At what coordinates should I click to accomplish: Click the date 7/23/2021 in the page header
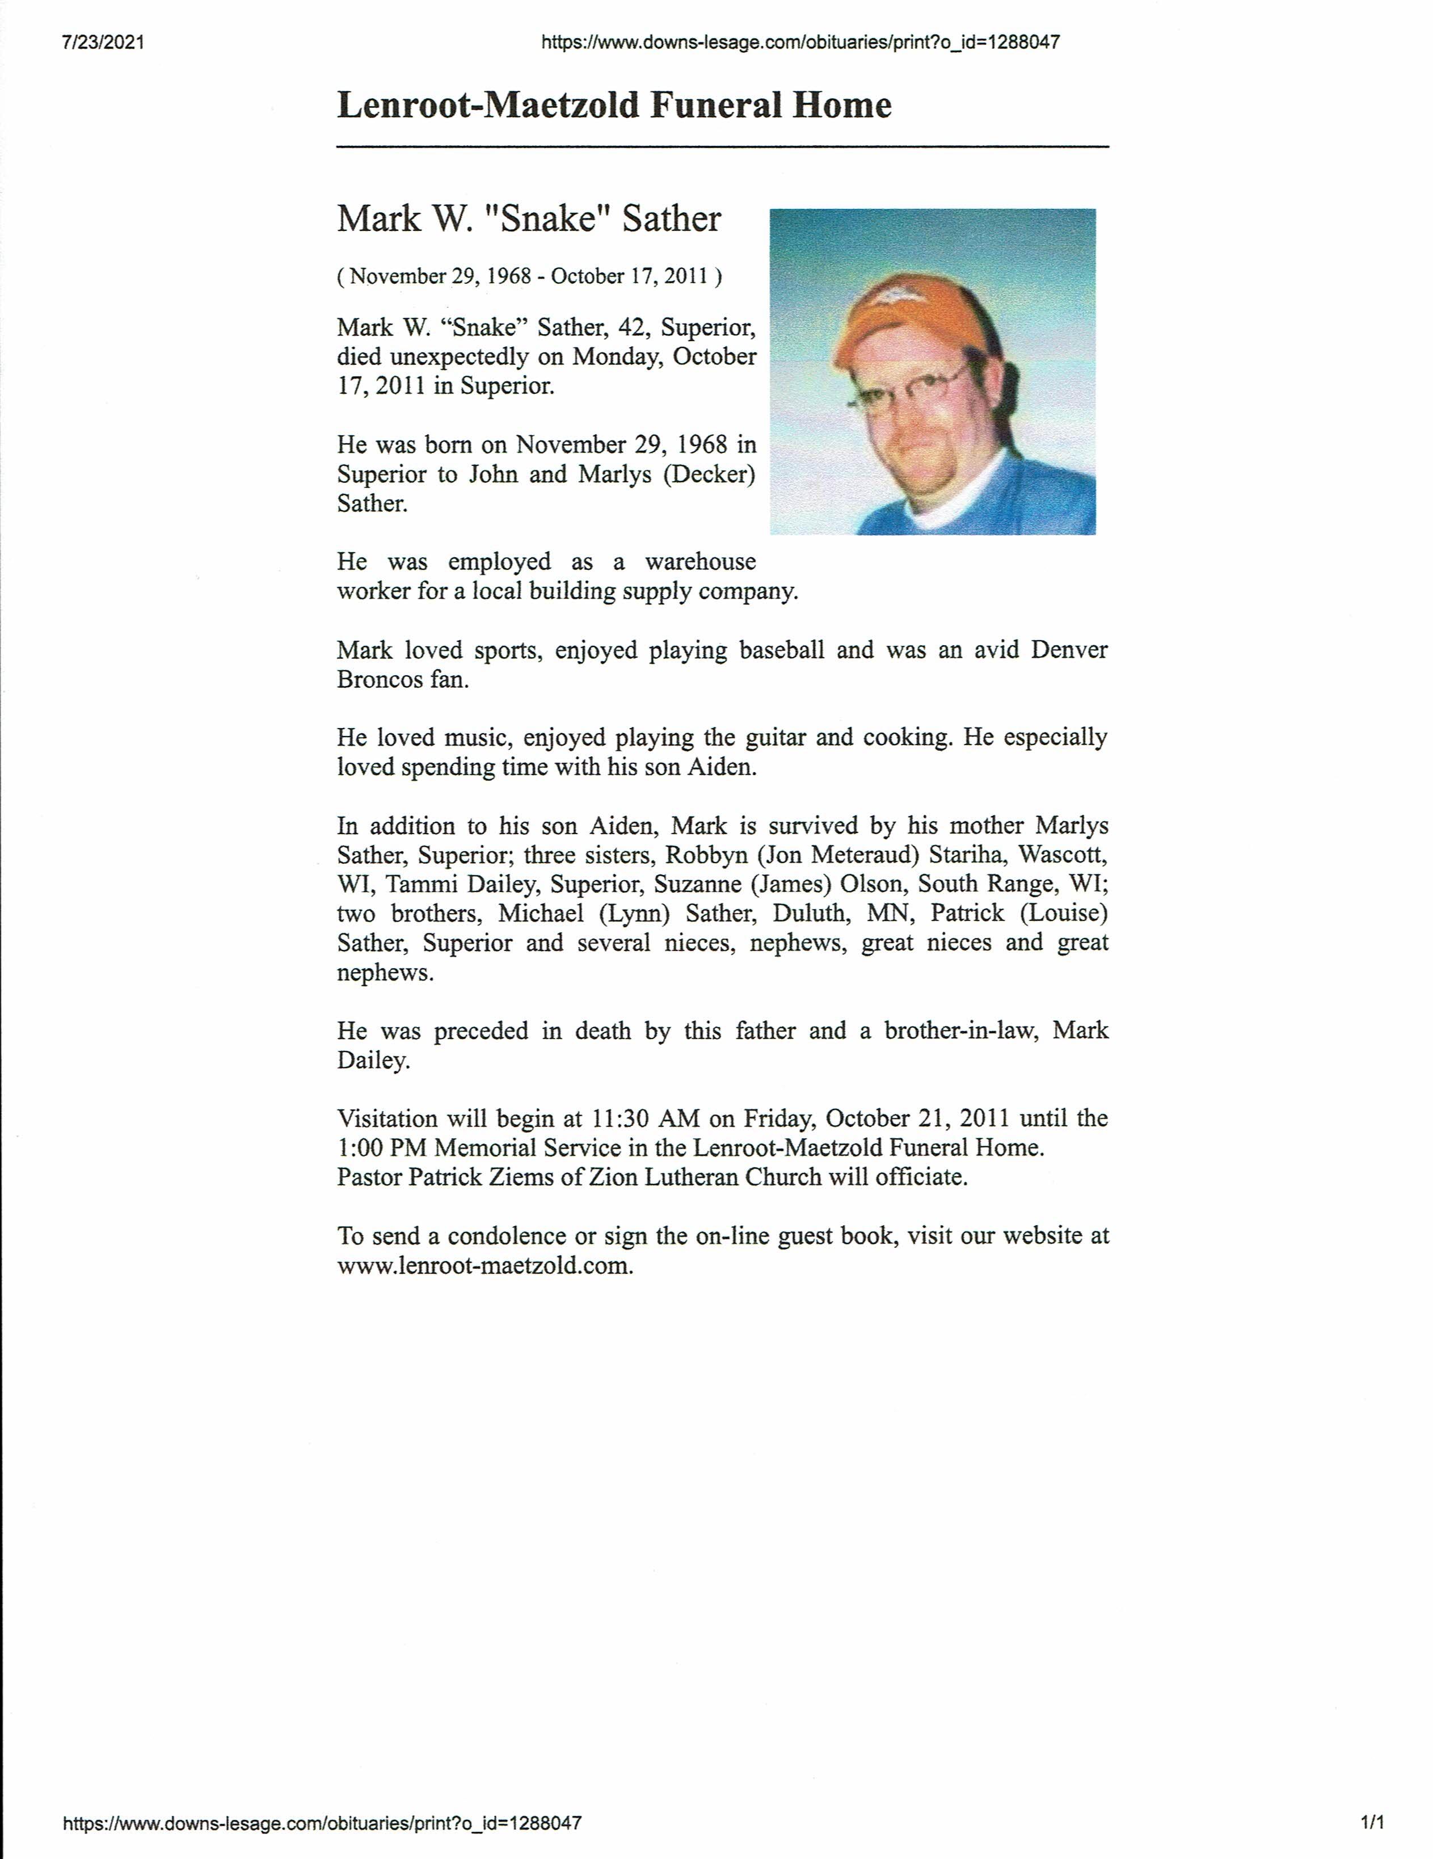click(x=103, y=42)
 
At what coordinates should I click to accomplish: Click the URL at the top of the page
click(x=800, y=42)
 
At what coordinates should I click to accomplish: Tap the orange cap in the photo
click(x=911, y=316)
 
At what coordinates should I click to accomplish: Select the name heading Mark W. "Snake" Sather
click(x=529, y=219)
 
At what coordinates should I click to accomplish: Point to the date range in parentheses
click(x=529, y=276)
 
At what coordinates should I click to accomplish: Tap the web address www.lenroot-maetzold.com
click(x=484, y=1265)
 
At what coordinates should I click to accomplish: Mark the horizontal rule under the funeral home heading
click(x=723, y=148)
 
